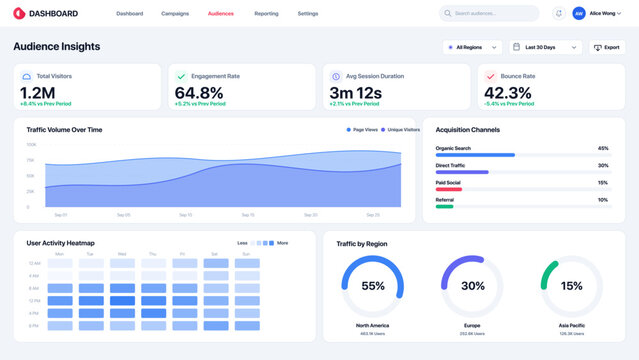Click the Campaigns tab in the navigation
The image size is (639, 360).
[x=175, y=14]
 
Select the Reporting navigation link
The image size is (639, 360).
[x=266, y=14]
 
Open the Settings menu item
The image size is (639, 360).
[x=308, y=14]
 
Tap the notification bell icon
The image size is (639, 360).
[x=558, y=14]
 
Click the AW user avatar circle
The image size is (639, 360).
[x=579, y=14]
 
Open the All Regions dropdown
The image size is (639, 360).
[x=472, y=47]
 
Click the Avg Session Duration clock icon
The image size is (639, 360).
[x=336, y=76]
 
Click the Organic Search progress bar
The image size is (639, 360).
[x=475, y=155]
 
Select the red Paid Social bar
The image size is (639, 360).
[x=449, y=189]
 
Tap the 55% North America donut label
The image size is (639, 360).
[x=373, y=286]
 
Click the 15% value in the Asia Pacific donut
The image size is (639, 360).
[x=571, y=286]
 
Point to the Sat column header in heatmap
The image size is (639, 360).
[x=214, y=254]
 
